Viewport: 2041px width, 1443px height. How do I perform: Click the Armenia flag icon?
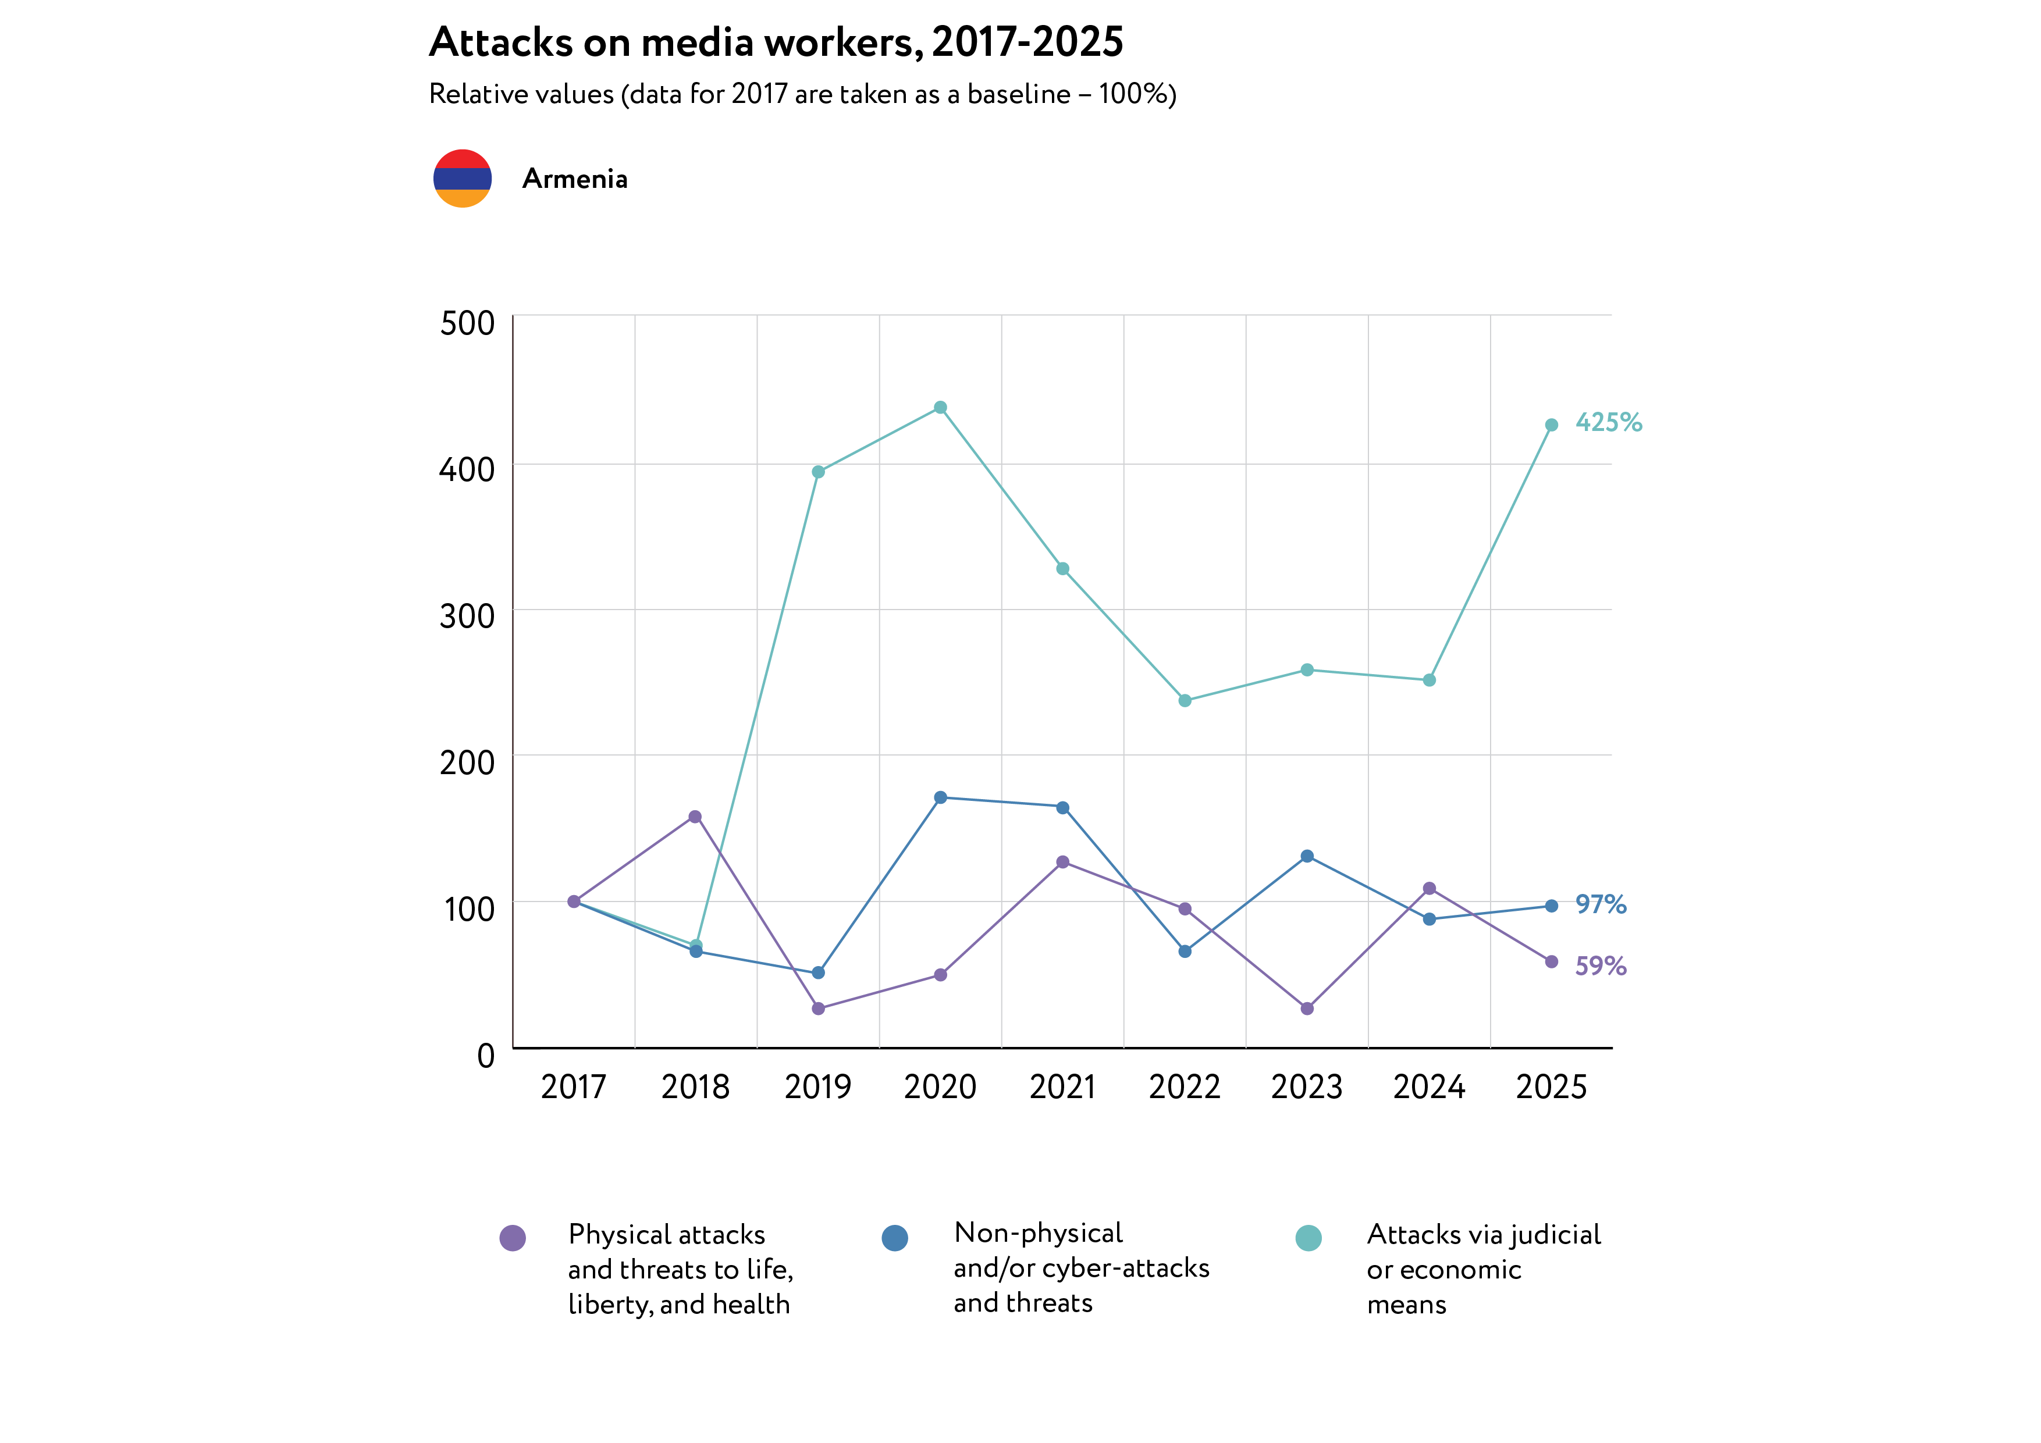coord(462,179)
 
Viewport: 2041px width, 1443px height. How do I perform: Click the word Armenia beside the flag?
coord(574,179)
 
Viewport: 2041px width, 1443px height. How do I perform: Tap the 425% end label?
coord(1608,422)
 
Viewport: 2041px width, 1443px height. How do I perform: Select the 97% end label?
coord(1600,904)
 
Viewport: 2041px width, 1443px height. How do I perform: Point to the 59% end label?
coord(1600,966)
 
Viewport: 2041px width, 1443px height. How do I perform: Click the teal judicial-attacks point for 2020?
coord(940,408)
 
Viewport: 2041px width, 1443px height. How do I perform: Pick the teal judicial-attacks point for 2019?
coord(818,472)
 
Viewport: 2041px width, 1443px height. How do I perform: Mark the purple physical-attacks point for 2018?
coord(695,817)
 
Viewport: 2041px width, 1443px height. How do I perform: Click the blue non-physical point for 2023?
coord(1307,857)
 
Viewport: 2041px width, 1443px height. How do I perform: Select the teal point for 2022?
coord(1185,701)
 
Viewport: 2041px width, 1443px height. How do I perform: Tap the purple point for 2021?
coord(1062,862)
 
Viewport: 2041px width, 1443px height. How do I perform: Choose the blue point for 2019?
coord(818,973)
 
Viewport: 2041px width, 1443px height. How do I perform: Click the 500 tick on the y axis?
coord(468,323)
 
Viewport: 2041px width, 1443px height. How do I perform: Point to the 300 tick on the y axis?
coord(468,616)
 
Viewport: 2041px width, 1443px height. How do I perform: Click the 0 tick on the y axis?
coord(485,1056)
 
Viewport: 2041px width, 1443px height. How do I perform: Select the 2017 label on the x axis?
coord(573,1086)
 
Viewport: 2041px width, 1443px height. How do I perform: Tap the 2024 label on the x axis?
coord(1428,1086)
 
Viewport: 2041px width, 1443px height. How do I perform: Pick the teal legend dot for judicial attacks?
coord(1308,1238)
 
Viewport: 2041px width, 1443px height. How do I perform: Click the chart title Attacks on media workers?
coord(776,42)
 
